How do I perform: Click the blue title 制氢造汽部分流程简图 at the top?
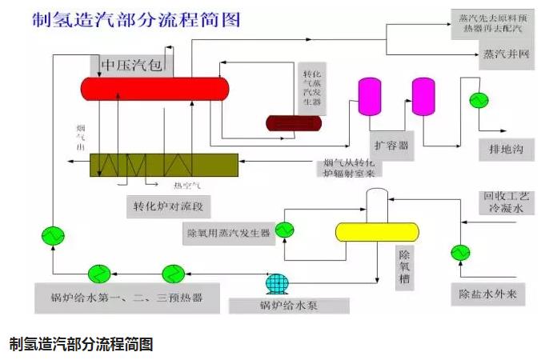click(136, 20)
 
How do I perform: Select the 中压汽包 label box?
click(133, 64)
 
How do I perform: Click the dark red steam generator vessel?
click(294, 122)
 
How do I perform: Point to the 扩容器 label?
click(392, 144)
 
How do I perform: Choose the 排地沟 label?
click(506, 148)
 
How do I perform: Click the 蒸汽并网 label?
click(506, 55)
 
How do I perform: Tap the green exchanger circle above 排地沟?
click(479, 99)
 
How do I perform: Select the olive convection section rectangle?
click(164, 164)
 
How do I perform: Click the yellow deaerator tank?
click(377, 232)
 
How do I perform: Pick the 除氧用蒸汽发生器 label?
click(228, 233)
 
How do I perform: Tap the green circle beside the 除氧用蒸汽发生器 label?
click(284, 231)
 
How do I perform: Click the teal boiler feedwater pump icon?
click(276, 283)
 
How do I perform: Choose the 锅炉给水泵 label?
click(289, 306)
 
